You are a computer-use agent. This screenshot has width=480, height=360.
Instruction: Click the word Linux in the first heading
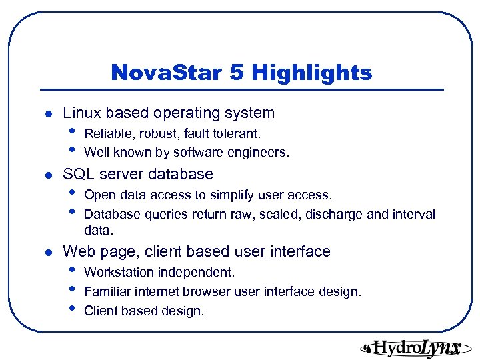81,113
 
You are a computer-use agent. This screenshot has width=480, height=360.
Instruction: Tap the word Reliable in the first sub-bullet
105,134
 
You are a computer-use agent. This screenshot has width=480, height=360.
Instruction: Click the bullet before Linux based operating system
43,114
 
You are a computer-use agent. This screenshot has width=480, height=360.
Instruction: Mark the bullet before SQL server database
43,175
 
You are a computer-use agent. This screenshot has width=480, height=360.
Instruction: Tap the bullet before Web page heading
43,253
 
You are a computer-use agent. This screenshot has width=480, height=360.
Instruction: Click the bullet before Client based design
71,310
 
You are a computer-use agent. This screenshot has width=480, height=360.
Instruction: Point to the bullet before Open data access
71,194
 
